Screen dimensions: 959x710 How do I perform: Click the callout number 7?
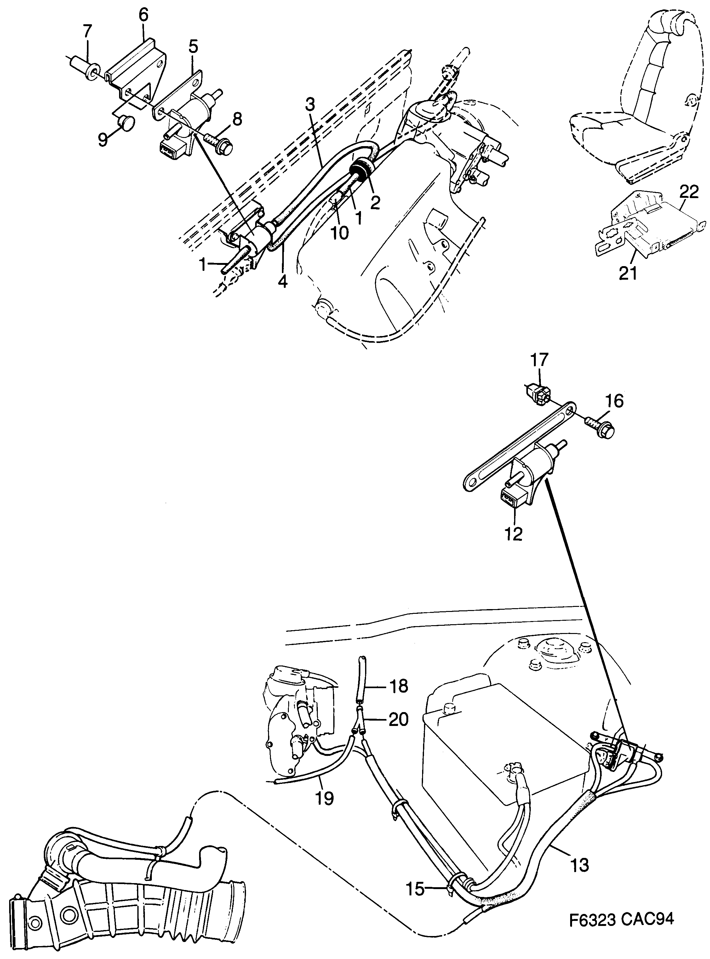click(87, 32)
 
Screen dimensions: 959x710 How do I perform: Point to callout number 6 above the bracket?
click(144, 15)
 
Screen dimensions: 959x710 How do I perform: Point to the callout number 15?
click(415, 889)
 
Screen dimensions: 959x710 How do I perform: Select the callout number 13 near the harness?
click(580, 865)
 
